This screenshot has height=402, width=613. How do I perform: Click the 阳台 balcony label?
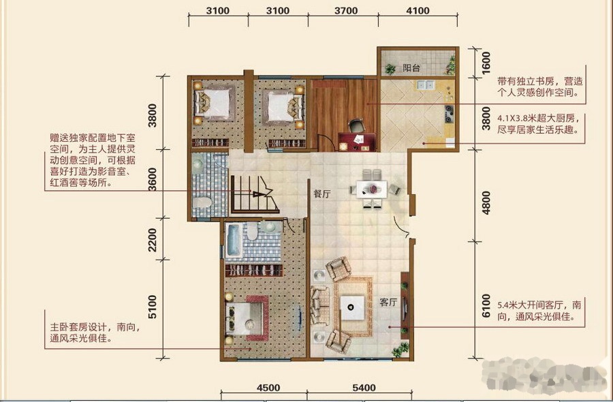click(x=411, y=68)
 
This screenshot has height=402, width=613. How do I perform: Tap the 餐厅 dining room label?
click(x=322, y=194)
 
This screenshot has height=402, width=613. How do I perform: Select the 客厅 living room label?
click(x=388, y=303)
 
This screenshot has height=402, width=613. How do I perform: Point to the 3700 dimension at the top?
click(x=346, y=11)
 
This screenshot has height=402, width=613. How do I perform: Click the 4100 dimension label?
click(x=418, y=11)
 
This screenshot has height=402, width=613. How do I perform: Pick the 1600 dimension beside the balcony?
click(x=486, y=63)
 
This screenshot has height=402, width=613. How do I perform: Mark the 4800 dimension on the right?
click(x=486, y=202)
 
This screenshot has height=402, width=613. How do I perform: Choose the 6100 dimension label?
click(x=486, y=305)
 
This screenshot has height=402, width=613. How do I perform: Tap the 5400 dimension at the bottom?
click(x=364, y=388)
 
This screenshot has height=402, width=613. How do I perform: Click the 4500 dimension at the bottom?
click(x=268, y=388)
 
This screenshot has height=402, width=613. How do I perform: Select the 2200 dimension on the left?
click(x=152, y=240)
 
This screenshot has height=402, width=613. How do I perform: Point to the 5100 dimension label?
click(x=152, y=307)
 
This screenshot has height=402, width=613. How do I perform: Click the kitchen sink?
click(x=425, y=84)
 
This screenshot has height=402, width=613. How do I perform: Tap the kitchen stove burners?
click(x=450, y=113)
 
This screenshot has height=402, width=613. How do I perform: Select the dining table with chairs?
click(x=373, y=189)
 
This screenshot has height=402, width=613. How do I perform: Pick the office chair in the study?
click(x=356, y=126)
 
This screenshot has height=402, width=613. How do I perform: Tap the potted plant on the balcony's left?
click(x=390, y=69)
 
